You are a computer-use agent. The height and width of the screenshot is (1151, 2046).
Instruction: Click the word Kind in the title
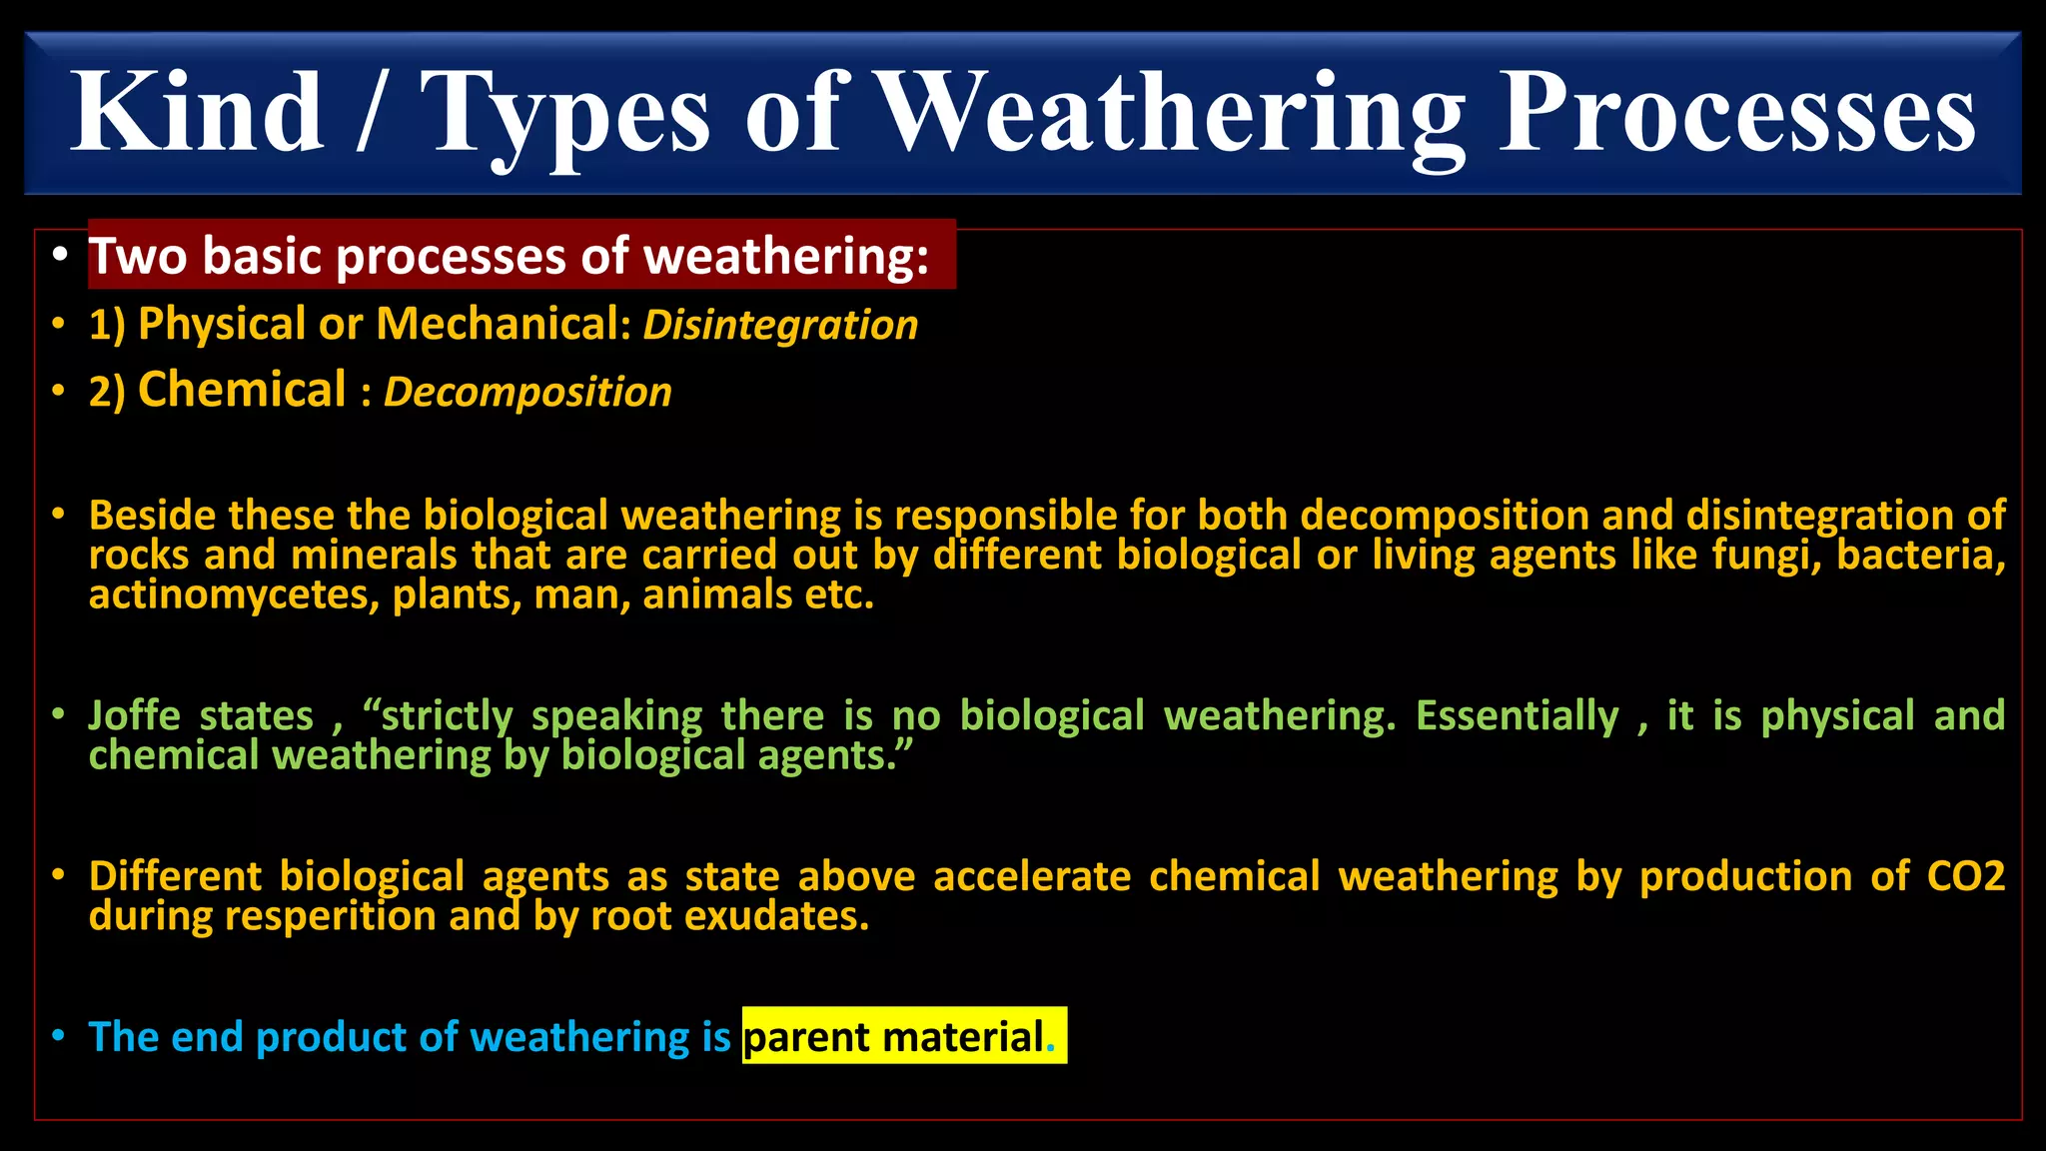click(197, 113)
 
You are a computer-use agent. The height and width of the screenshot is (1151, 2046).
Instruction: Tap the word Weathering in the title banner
click(1172, 113)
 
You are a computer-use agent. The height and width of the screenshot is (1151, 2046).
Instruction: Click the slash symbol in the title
click(371, 113)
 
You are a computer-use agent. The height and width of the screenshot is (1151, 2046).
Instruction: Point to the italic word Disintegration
click(780, 326)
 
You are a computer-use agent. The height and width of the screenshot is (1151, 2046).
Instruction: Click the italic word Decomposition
click(527, 393)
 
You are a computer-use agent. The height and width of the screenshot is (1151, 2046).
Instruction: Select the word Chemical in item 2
click(242, 390)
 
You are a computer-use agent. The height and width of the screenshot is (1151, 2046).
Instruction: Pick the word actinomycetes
click(233, 595)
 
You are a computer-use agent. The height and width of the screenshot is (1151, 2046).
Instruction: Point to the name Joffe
click(134, 716)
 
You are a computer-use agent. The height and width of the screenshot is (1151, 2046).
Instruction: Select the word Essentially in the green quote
click(1517, 716)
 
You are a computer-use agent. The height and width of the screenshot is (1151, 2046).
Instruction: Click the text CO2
click(1965, 876)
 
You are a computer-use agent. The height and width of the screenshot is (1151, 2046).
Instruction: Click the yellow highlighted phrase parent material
click(894, 1037)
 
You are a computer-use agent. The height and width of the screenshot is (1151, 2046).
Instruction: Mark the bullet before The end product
click(59, 1036)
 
